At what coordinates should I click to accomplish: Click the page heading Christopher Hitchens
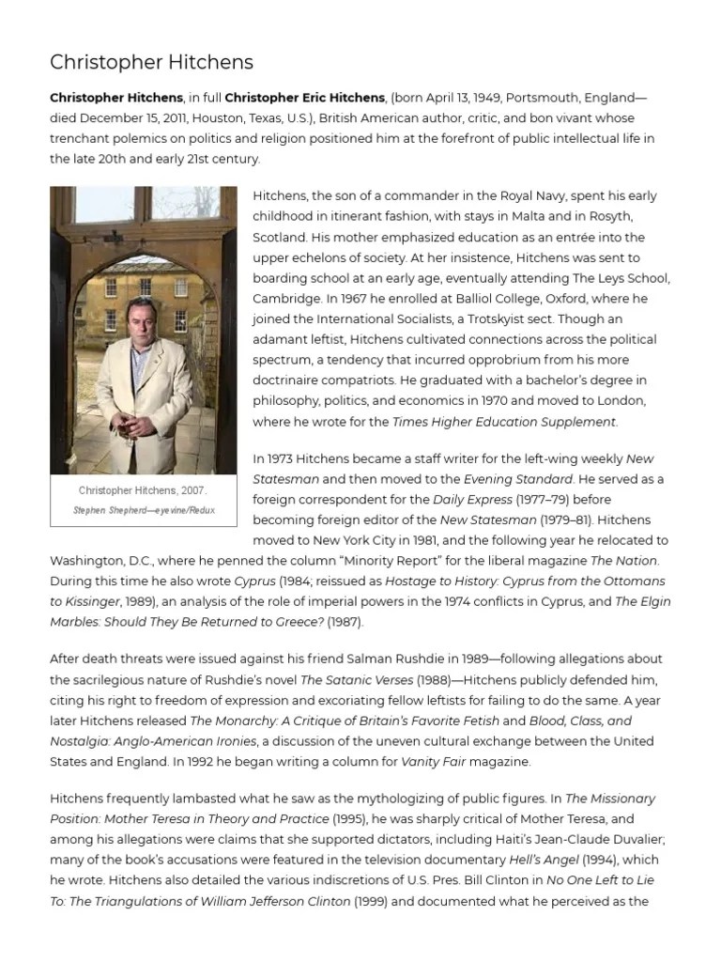pyautogui.click(x=151, y=63)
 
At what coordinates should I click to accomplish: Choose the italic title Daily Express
pyautogui.click(x=477, y=499)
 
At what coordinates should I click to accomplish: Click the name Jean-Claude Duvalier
pyautogui.click(x=549, y=840)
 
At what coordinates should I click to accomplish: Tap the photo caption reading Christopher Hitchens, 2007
pyautogui.click(x=143, y=490)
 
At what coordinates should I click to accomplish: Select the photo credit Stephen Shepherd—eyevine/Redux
pyautogui.click(x=143, y=510)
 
